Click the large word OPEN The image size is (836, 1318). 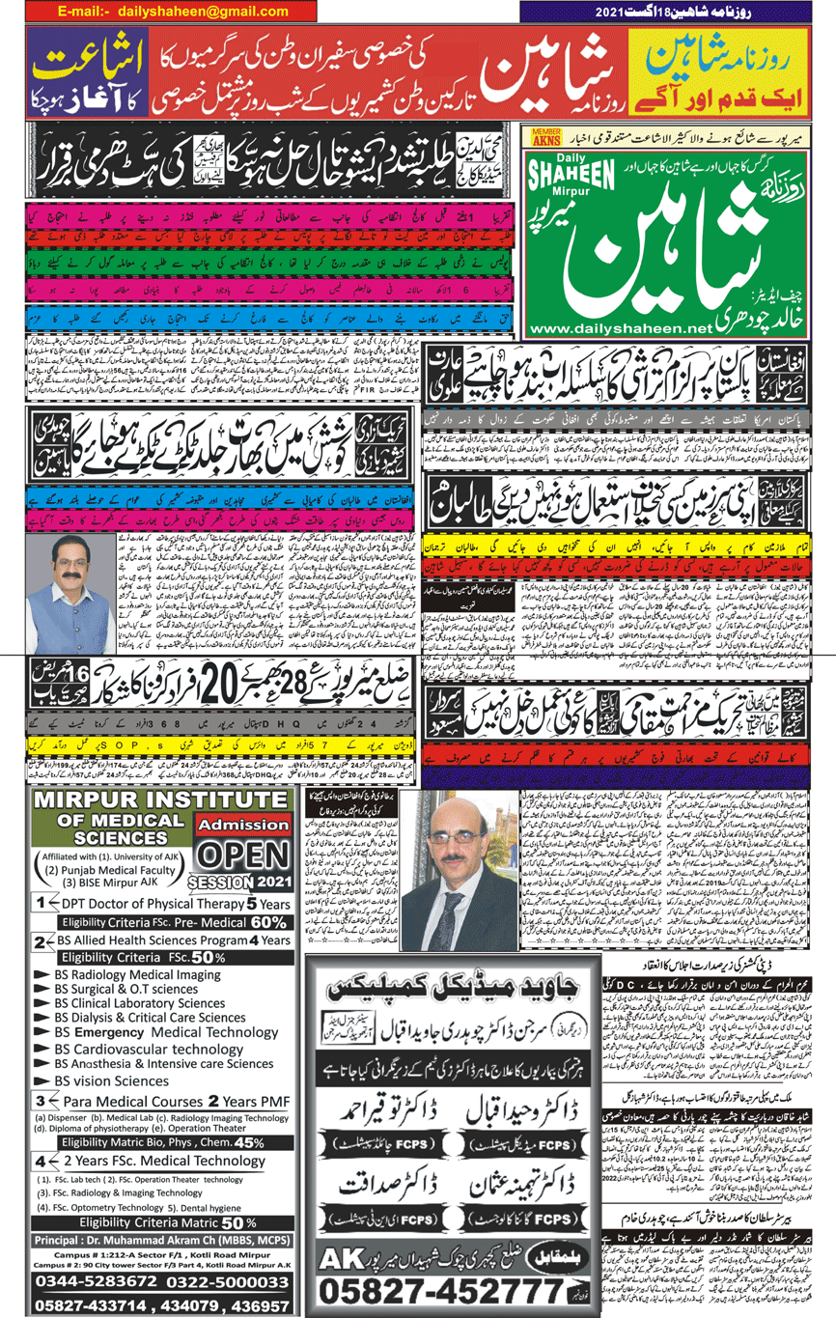[243, 856]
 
